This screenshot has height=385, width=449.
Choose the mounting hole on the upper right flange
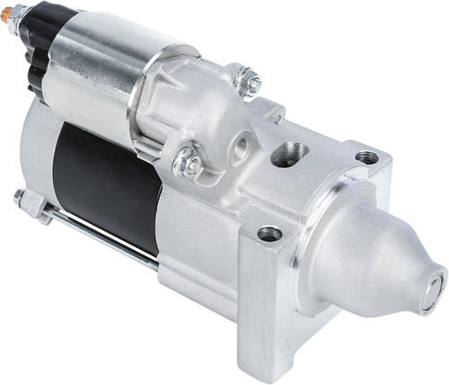click(366, 157)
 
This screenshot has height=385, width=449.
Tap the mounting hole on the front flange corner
click(269, 233)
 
